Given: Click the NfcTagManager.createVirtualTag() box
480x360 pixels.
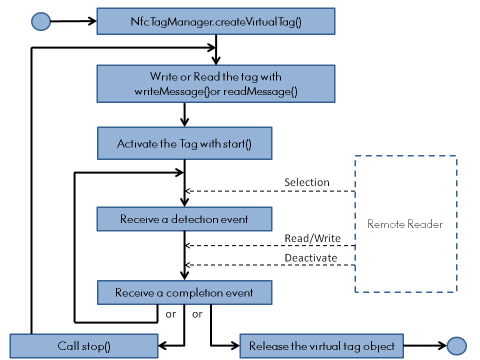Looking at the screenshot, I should pyautogui.click(x=215, y=21).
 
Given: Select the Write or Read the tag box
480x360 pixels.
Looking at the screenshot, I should pyautogui.click(x=215, y=84).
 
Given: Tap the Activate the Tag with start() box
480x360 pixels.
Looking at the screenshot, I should pyautogui.click(x=184, y=144).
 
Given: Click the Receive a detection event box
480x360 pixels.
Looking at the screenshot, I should pyautogui.click(x=184, y=219).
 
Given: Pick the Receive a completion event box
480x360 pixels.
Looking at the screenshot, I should pyautogui.click(x=184, y=292).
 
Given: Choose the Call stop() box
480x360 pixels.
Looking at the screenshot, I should pyautogui.click(x=84, y=346).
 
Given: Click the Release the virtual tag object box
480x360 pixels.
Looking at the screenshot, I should pyautogui.click(x=321, y=346).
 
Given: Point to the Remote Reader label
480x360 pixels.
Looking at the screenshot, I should pyautogui.click(x=405, y=224).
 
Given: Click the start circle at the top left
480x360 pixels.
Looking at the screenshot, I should pyautogui.click(x=41, y=21).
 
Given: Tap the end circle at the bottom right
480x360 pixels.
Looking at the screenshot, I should pyautogui.click(x=456, y=345).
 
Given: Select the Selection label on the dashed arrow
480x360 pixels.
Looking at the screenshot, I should pyautogui.click(x=306, y=182).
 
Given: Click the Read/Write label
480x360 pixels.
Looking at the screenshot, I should pyautogui.click(x=312, y=238).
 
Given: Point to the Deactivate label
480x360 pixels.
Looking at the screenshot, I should pyautogui.click(x=310, y=258).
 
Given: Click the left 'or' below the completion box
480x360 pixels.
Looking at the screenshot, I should pyautogui.click(x=171, y=314).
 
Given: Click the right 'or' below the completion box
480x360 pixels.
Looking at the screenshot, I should pyautogui.click(x=197, y=314).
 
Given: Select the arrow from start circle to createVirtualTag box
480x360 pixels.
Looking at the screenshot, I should pyautogui.click(x=72, y=21).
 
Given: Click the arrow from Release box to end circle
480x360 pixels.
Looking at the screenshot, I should pyautogui.click(x=424, y=345).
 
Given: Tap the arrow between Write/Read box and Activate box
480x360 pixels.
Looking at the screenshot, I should pyautogui.click(x=185, y=115).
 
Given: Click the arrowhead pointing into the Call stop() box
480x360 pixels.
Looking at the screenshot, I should pyautogui.click(x=163, y=345).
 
